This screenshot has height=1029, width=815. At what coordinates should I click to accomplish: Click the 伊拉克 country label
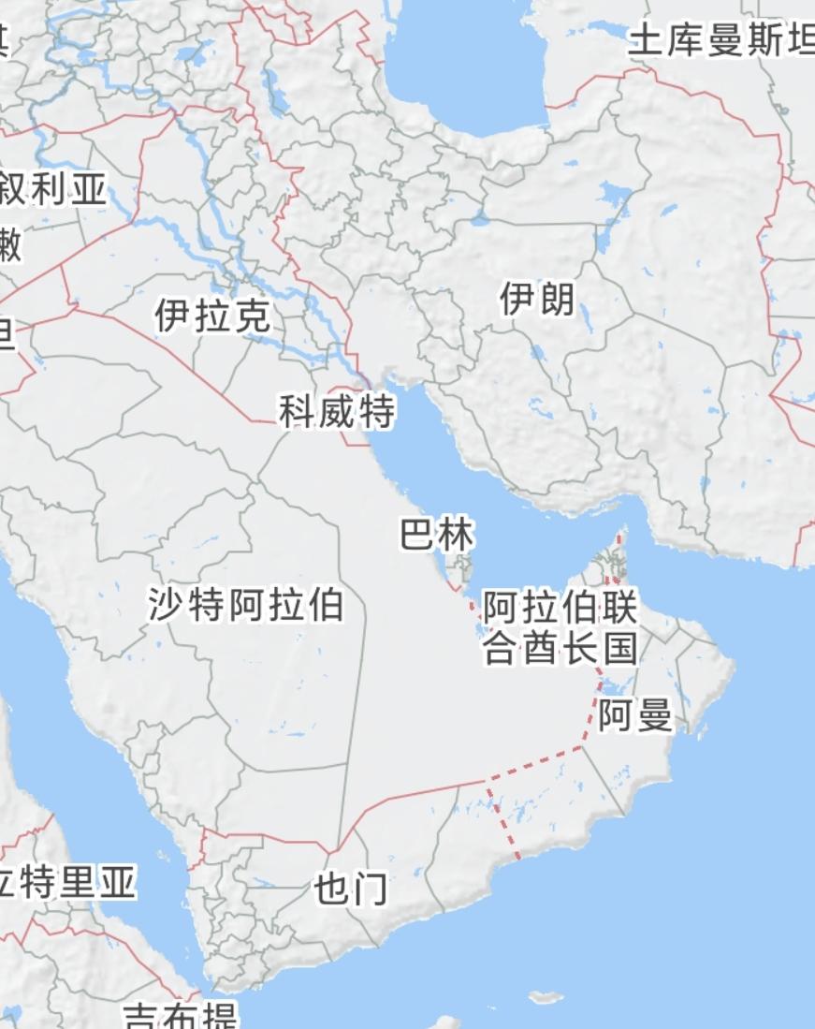point(213,316)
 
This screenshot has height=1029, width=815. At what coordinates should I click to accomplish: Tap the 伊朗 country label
point(537,301)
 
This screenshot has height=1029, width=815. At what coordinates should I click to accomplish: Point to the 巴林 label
point(437,536)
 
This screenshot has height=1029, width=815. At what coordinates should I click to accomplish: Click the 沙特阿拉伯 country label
point(246,606)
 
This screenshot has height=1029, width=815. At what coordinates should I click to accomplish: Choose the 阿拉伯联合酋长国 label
point(560,628)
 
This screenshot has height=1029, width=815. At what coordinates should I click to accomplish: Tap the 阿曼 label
point(636,716)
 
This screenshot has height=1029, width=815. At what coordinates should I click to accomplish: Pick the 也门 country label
point(351,889)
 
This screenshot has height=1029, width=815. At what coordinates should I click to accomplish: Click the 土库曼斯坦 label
point(720,41)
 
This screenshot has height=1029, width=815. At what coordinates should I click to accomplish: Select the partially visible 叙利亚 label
point(53,190)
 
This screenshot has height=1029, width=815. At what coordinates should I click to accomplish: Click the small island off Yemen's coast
point(546,997)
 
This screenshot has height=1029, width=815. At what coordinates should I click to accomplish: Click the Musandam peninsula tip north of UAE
point(619,541)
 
